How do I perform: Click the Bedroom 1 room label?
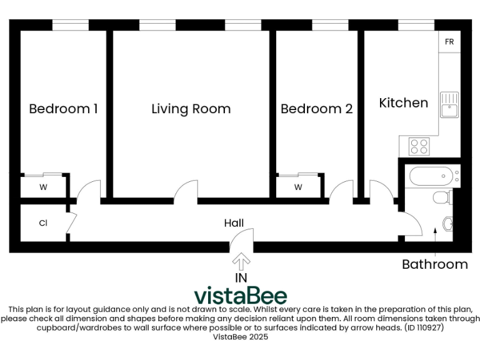[63, 109]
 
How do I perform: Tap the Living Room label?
[191, 109]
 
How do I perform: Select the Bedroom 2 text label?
[316, 109]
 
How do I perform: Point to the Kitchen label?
[403, 102]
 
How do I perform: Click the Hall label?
[234, 223]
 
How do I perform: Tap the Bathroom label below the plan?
[434, 264]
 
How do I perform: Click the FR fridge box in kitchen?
[449, 42]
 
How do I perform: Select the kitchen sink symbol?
[449, 104]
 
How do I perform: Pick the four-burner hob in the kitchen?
[419, 147]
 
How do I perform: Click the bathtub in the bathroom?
[431, 176]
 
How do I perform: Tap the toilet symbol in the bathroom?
[442, 199]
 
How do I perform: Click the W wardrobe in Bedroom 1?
[44, 187]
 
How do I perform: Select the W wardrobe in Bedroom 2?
[298, 187]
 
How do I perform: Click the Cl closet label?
[43, 223]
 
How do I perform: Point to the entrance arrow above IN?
[241, 261]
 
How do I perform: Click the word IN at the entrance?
[241, 277]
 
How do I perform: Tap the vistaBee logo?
[240, 295]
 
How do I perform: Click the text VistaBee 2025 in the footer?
[240, 336]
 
